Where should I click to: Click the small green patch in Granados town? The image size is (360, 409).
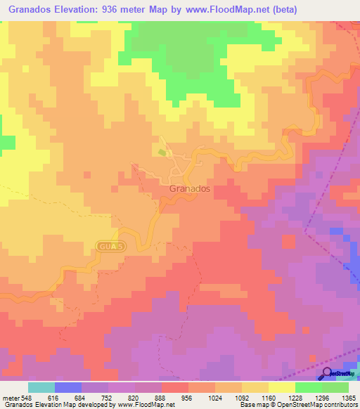tap(163, 152)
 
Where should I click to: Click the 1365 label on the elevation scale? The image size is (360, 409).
tap(348, 397)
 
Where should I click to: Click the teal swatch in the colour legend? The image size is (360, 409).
tap(41, 387)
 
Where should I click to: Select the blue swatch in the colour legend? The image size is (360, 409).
tap(68, 387)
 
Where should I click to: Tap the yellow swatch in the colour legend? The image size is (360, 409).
tap(282, 387)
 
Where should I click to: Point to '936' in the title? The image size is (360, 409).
tap(128, 9)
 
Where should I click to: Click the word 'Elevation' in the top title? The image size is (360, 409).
tap(84, 9)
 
